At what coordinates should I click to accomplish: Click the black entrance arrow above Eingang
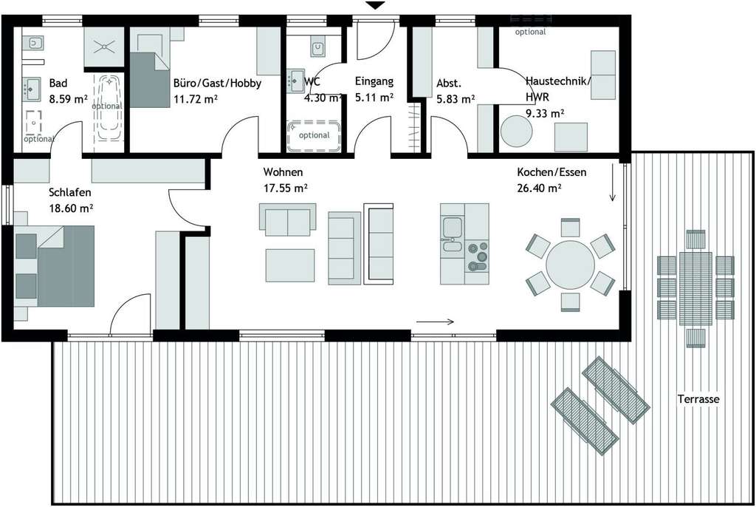tap(376, 6)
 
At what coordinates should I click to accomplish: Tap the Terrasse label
tap(698, 399)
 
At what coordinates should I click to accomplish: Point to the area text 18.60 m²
tap(71, 208)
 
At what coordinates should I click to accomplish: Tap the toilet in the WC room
tap(317, 47)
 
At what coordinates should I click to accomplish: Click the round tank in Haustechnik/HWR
tap(516, 132)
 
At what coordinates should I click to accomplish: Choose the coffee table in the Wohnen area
tap(290, 265)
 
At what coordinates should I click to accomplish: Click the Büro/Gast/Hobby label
tap(217, 84)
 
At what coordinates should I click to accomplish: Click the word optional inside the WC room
tap(315, 135)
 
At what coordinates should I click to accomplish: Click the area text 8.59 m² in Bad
tap(68, 98)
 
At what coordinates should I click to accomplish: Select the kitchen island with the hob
tap(464, 244)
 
